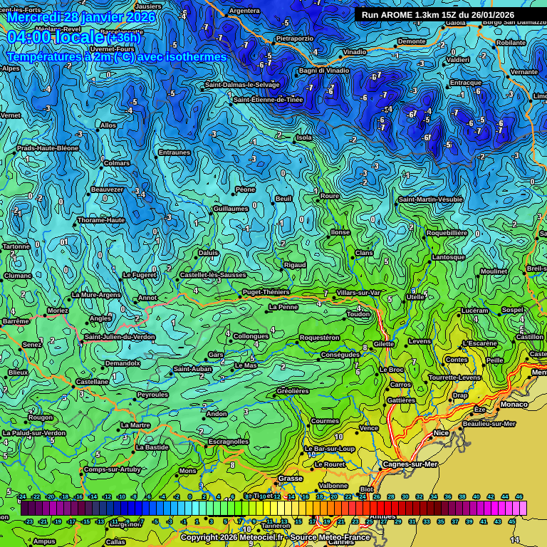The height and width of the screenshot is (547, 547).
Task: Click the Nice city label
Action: point(442,432)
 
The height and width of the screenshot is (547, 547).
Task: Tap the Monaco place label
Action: point(514,405)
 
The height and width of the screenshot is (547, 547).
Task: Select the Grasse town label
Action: point(290,479)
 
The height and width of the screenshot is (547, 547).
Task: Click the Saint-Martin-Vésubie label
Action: point(430,199)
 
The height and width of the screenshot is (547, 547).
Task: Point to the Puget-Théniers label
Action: point(266,292)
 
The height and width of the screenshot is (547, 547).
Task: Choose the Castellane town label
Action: point(93,382)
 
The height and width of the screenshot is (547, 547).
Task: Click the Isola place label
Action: point(304,137)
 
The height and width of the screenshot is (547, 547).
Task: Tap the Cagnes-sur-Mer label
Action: point(410,464)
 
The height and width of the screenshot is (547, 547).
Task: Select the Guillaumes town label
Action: point(231,209)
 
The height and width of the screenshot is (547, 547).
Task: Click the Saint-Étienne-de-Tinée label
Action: point(268,100)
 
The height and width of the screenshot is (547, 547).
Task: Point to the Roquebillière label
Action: point(447,233)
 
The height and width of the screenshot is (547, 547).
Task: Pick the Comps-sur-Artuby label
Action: point(113,469)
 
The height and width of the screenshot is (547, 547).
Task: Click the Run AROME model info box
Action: point(437,14)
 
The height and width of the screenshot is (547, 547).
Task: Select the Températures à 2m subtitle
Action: point(117,57)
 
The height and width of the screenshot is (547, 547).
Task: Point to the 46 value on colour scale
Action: point(519,496)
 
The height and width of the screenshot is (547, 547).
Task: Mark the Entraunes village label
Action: point(174,152)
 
